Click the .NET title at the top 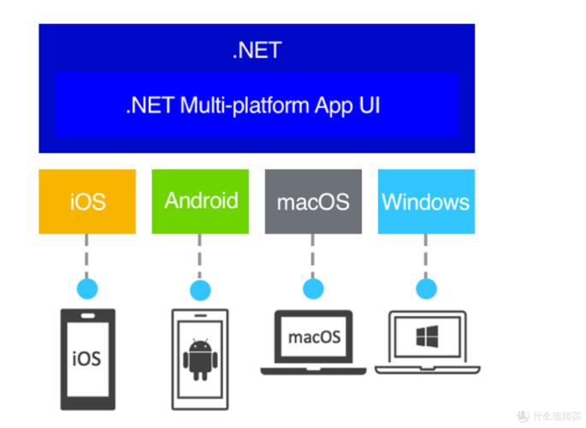257,50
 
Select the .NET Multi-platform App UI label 252,106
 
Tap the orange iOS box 87,202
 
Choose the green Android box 200,201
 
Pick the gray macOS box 313,202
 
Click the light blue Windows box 425,202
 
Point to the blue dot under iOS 87,288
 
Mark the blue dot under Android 200,290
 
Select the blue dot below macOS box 313,288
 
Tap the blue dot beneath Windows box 425,288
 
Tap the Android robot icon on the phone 199,359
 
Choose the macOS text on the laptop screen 314,336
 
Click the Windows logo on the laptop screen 427,337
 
